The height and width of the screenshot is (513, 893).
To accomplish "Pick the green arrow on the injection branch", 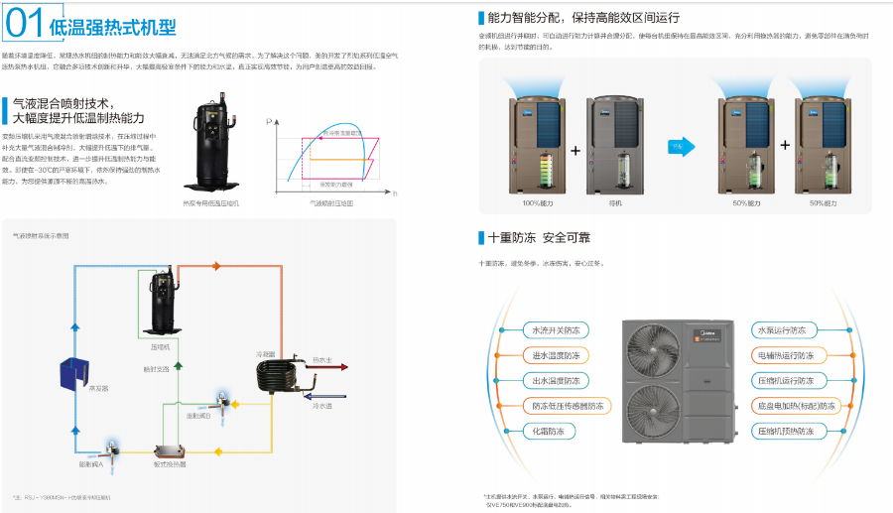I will pyautogui.click(x=178, y=365).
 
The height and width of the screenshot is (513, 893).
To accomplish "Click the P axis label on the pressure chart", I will pyautogui.click(x=269, y=119).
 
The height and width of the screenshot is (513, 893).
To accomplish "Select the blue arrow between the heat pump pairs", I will pyautogui.click(x=679, y=146).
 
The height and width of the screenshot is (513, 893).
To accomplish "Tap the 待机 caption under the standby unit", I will pyautogui.click(x=615, y=202).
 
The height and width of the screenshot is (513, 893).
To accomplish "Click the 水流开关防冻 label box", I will pyautogui.click(x=555, y=329).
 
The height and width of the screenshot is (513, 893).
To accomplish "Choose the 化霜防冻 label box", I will pyautogui.click(x=555, y=432).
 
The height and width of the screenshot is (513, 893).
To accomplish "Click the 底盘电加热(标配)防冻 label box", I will pyautogui.click(x=794, y=406).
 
